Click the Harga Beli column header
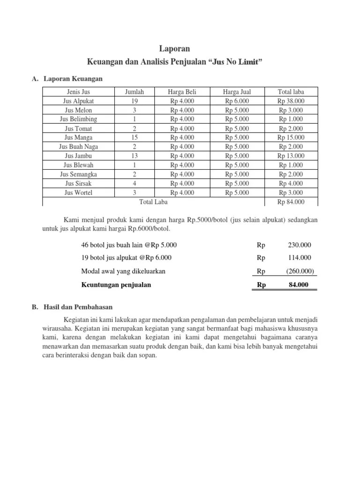click(x=182, y=91)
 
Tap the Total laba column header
click(x=291, y=91)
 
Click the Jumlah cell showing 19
click(x=134, y=101)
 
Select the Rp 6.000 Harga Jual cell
click(x=237, y=101)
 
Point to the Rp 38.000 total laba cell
click(x=291, y=101)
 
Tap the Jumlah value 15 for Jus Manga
click(x=134, y=137)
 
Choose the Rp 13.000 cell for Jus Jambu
click(x=291, y=156)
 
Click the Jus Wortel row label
click(x=79, y=193)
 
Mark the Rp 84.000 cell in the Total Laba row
click(x=291, y=202)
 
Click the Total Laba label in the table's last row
click(x=153, y=202)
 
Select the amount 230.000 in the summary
click(x=300, y=245)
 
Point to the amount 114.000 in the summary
click(x=300, y=257)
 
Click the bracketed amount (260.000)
click(x=300, y=270)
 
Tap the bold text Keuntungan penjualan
click(x=116, y=284)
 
